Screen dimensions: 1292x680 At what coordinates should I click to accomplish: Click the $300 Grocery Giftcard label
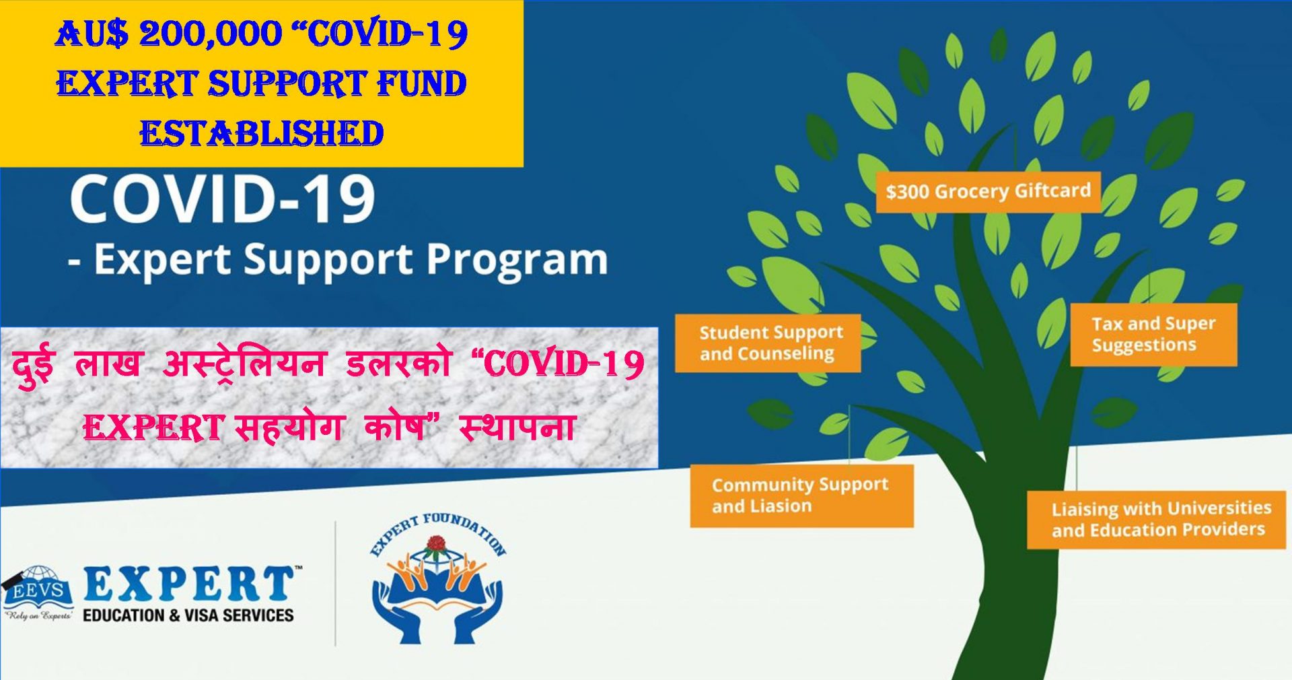point(988,193)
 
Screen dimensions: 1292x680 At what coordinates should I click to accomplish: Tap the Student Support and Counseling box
point(768,343)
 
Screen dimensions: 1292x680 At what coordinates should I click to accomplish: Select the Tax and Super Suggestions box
point(1153,335)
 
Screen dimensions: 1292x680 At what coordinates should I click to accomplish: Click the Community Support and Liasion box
point(801,496)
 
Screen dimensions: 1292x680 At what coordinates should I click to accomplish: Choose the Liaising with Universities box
point(1156,519)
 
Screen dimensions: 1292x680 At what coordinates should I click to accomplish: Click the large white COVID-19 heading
point(222,199)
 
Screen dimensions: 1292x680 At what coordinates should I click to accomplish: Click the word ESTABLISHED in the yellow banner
point(262,133)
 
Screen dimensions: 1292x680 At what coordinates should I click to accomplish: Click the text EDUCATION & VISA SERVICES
point(188,615)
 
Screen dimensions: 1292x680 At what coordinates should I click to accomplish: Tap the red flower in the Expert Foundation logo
point(437,543)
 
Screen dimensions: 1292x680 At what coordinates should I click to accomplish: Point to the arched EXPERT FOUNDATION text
point(438,532)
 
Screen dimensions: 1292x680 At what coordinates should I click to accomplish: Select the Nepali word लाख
point(108,364)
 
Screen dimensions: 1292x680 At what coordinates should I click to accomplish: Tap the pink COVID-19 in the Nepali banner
point(558,364)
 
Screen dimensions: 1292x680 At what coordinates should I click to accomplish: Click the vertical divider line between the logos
point(336,583)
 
